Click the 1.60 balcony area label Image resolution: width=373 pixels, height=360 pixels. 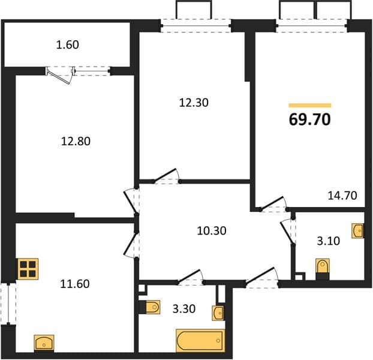click(68, 45)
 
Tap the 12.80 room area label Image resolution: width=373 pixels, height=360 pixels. click(76, 141)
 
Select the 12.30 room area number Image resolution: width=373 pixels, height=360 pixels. click(194, 103)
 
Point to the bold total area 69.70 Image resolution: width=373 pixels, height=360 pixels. click(309, 119)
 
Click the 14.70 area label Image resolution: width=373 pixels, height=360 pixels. click(342, 196)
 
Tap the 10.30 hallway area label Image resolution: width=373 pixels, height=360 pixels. click(212, 231)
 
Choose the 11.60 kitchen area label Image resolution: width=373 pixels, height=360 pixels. click(75, 284)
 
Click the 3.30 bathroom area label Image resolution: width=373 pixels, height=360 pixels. click(184, 309)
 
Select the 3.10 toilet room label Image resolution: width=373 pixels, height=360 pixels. click(328, 241)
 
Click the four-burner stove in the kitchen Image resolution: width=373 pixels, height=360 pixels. click(28, 269)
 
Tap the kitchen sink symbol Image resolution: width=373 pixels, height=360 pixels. click(44, 343)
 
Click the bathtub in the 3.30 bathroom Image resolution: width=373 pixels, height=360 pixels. click(200, 340)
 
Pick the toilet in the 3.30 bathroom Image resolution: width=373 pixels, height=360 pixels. click(150, 307)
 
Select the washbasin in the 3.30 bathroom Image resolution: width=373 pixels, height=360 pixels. click(218, 313)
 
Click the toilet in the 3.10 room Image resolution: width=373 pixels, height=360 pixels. click(323, 269)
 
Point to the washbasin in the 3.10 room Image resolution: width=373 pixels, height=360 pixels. click(358, 230)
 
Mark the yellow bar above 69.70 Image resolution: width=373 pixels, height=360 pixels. click(309, 106)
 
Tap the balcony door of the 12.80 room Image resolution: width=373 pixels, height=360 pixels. click(61, 75)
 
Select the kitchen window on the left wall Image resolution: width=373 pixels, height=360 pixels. click(8, 304)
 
